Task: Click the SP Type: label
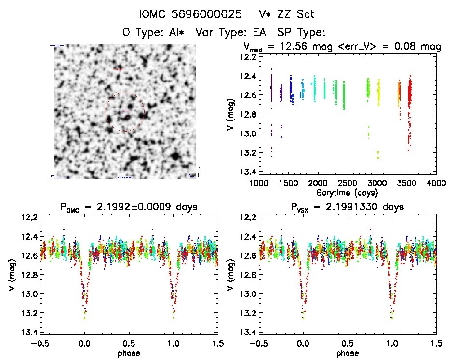tap(302, 33)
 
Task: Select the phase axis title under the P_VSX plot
tap(348, 353)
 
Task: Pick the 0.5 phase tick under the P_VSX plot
tap(348, 344)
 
